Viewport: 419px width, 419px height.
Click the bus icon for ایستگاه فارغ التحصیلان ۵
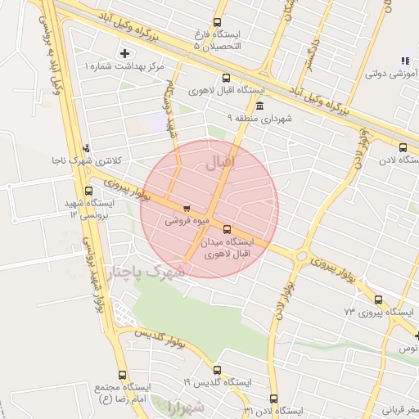pyautogui.click(x=217, y=23)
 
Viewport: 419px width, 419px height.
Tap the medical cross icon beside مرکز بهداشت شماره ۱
pyautogui.click(x=124, y=53)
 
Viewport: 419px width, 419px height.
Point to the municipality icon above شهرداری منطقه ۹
pyautogui.click(x=259, y=106)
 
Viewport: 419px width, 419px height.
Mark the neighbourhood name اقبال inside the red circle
pyautogui.click(x=219, y=163)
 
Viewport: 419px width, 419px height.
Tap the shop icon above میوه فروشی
pyautogui.click(x=187, y=208)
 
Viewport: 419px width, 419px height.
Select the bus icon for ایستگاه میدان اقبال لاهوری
pyautogui.click(x=227, y=230)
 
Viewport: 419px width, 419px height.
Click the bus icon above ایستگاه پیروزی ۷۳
pyautogui.click(x=377, y=300)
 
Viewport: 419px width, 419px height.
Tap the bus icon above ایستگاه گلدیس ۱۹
pyautogui.click(x=217, y=370)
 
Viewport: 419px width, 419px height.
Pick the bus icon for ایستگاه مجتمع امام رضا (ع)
pyautogui.click(x=122, y=375)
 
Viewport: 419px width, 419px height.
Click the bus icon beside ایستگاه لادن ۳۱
pyautogui.click(x=246, y=409)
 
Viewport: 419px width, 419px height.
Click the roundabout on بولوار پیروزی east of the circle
pyautogui.click(x=301, y=257)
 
